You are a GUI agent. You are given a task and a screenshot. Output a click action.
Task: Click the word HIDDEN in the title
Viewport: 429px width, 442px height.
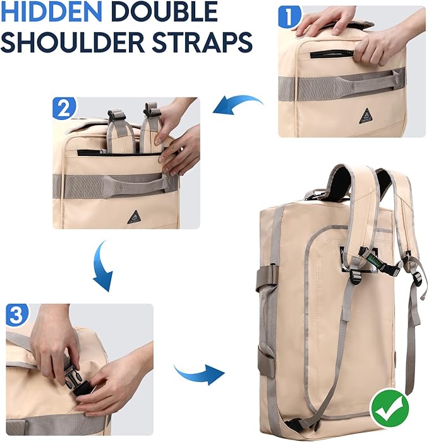(51, 11)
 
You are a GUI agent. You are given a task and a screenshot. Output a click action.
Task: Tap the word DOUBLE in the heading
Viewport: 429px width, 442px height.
(164, 11)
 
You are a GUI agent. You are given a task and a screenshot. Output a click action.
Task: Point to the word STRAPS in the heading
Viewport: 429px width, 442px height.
(202, 42)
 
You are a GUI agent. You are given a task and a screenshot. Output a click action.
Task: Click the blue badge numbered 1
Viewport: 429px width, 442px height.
(289, 17)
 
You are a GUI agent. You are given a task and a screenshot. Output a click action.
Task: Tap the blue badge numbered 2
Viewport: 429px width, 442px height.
(64, 108)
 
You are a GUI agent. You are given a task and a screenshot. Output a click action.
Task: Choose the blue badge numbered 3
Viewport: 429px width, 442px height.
(17, 314)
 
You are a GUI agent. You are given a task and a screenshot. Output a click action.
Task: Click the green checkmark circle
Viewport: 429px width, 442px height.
(390, 409)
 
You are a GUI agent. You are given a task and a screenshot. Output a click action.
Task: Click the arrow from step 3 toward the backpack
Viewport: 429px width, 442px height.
(199, 374)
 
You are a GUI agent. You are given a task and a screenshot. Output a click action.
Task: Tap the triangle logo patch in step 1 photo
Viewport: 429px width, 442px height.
(366, 116)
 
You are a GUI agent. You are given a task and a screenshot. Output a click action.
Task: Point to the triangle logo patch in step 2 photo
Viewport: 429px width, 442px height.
(134, 217)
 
